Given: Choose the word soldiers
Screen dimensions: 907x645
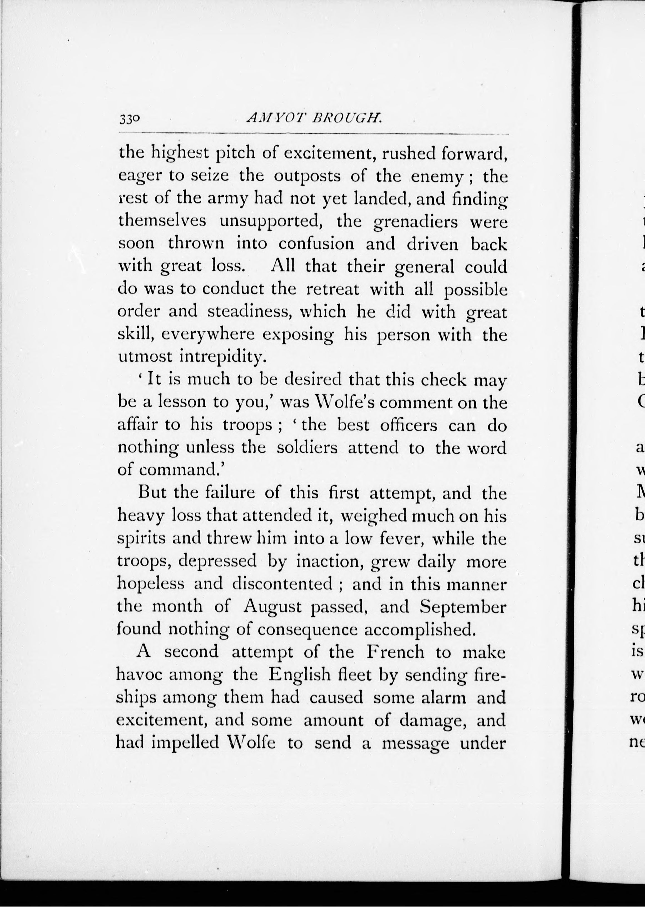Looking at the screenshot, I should (x=307, y=448).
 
